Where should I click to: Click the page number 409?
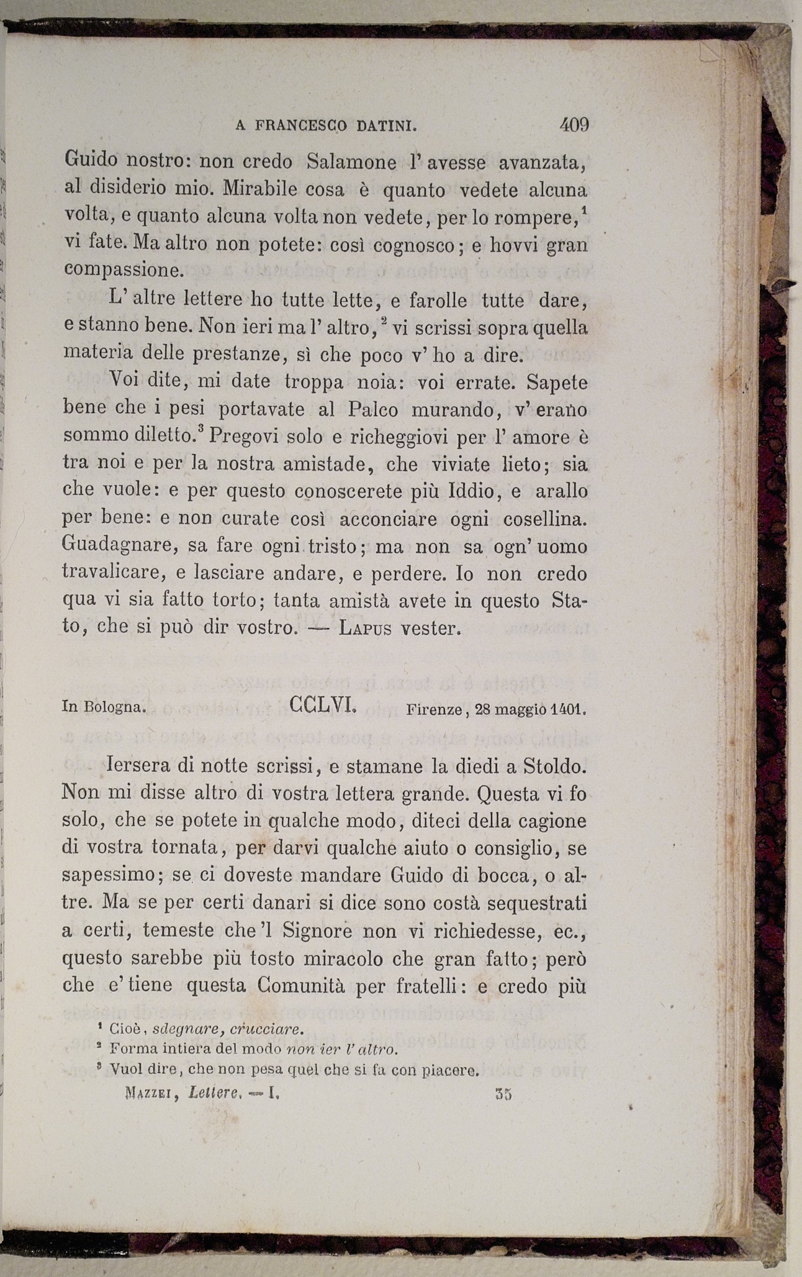[574, 125]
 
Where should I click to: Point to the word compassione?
[124, 270]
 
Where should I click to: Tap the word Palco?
[371, 409]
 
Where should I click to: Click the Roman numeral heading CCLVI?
[322, 705]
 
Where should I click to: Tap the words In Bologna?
[104, 707]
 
